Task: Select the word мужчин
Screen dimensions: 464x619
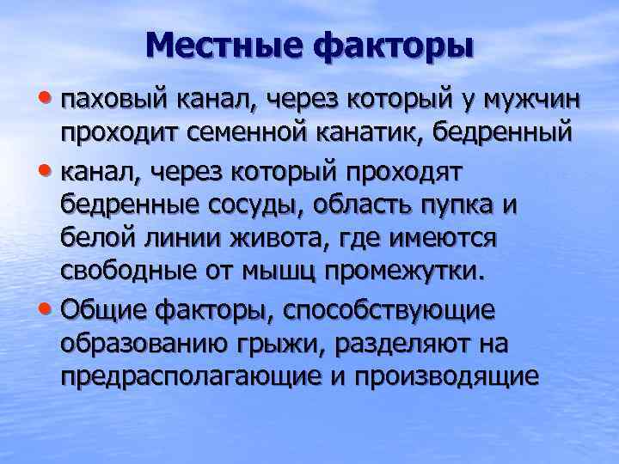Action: coord(537,102)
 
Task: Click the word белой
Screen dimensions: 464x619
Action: coord(96,238)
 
